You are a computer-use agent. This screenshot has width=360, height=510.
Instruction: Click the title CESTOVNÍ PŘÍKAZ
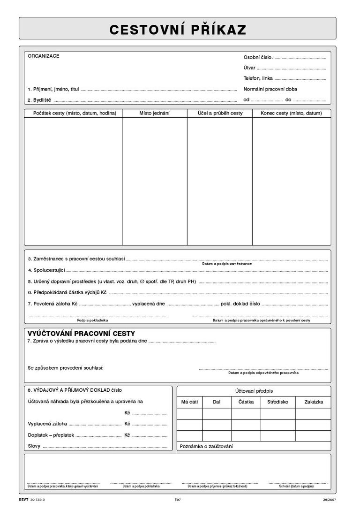[x=178, y=30]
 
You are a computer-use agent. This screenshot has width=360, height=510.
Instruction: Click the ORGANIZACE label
[x=44, y=56]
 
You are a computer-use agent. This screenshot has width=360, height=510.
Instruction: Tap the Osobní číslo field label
[x=257, y=57]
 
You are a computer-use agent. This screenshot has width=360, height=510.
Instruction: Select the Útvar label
[x=249, y=68]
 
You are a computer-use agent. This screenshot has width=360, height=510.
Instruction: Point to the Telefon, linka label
[x=258, y=78]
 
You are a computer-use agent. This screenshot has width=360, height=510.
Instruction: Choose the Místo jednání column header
[x=154, y=113]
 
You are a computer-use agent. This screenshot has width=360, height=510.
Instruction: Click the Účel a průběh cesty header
[x=220, y=113]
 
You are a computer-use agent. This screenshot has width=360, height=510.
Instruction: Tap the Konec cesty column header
[x=291, y=113]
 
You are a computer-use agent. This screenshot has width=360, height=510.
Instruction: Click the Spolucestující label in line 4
[x=46, y=270]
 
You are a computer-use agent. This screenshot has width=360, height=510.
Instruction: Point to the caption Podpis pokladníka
[x=92, y=320]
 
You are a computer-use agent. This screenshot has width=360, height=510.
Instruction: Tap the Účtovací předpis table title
[x=254, y=390]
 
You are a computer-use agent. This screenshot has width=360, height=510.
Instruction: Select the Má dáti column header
[x=189, y=402]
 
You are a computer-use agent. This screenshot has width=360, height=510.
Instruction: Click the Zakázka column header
[x=314, y=402]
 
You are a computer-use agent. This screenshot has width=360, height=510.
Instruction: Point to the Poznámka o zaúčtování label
[x=206, y=447]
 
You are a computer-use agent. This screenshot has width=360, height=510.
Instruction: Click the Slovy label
[x=34, y=446]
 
